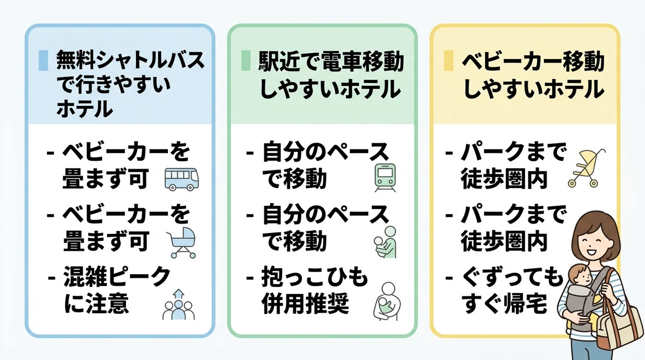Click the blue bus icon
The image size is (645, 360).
[x=182, y=179]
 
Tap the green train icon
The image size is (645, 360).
[x=385, y=177]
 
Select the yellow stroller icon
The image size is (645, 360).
[x=586, y=168]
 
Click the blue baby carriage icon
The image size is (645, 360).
[x=182, y=243]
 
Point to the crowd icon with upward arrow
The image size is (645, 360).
[x=178, y=305]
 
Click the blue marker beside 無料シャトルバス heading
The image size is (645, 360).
[x=43, y=61]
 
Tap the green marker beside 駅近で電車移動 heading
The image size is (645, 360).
[x=246, y=61]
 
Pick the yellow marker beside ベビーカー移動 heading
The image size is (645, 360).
[x=448, y=61]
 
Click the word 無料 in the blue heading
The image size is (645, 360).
[x=76, y=60]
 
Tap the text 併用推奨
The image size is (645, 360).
[x=305, y=303]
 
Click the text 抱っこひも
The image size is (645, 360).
[x=315, y=277]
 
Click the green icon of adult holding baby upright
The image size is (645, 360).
[x=385, y=242]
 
